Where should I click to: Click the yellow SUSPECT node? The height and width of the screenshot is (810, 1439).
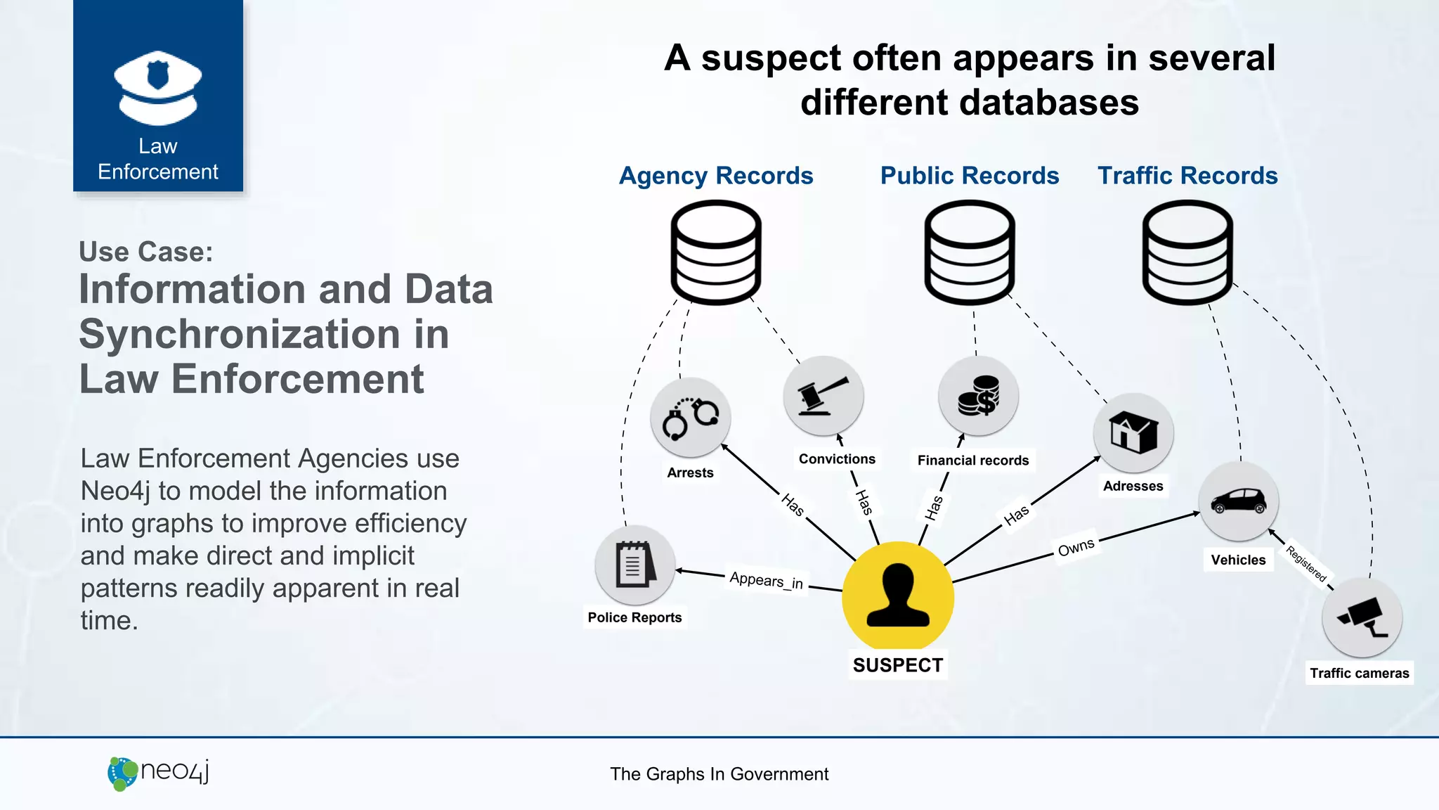(897, 596)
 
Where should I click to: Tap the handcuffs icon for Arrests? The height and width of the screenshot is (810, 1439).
(690, 418)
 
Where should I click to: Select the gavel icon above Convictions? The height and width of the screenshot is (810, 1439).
(823, 396)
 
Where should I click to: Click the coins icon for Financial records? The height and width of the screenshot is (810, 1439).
(978, 396)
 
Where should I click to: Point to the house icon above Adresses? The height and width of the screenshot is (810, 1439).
(1133, 432)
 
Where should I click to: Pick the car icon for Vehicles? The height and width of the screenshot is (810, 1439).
(1238, 501)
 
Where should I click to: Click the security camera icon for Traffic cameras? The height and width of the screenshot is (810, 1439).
(1362, 618)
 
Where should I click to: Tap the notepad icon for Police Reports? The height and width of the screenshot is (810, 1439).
(634, 565)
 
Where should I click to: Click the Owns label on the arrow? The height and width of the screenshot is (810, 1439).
(1076, 547)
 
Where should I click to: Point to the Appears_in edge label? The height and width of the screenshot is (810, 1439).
(766, 580)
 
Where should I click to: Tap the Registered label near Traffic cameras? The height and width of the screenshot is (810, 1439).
(1306, 564)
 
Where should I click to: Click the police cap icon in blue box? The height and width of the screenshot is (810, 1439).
(158, 87)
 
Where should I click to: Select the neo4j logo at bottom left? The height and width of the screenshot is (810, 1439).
(158, 773)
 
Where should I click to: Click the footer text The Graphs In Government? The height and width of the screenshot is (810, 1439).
(719, 774)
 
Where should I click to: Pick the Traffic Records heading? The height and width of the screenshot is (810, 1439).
(1187, 176)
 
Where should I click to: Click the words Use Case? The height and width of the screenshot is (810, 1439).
(145, 252)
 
